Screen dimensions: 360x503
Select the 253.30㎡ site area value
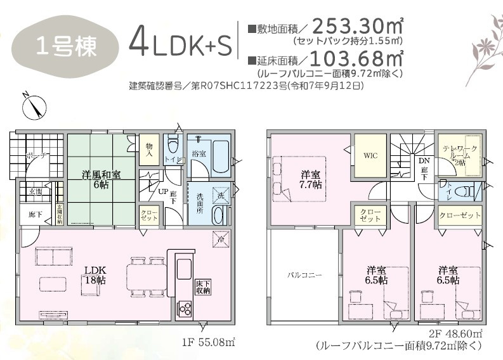(358, 27)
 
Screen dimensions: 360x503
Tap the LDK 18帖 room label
(96, 273)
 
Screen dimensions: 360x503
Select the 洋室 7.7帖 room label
(310, 179)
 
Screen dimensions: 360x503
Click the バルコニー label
(305, 275)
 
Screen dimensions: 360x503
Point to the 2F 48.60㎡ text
(457, 334)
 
